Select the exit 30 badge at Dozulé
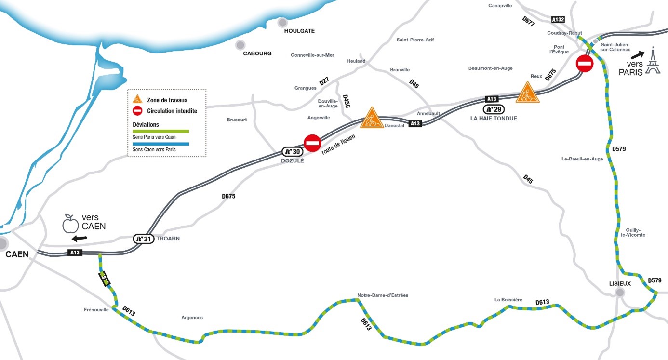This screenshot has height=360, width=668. (x=291, y=151)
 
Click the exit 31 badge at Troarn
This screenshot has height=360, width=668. (x=143, y=239)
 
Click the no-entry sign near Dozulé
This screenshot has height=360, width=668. (x=312, y=143)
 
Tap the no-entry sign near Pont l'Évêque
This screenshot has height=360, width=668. (x=585, y=63)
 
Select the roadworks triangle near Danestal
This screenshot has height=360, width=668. (x=372, y=118)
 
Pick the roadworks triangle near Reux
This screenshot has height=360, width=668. (x=527, y=93)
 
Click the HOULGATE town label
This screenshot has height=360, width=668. (x=299, y=31)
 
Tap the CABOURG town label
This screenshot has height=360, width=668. (x=257, y=53)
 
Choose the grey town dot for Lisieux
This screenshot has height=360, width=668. (x=620, y=293)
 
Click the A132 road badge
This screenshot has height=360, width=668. (x=558, y=19)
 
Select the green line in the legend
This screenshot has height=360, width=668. (x=160, y=131)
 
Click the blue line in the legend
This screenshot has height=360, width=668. (x=160, y=144)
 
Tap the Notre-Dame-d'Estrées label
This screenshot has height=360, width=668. (x=383, y=295)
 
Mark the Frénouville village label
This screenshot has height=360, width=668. (x=96, y=310)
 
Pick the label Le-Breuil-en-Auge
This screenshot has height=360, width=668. (x=582, y=159)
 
